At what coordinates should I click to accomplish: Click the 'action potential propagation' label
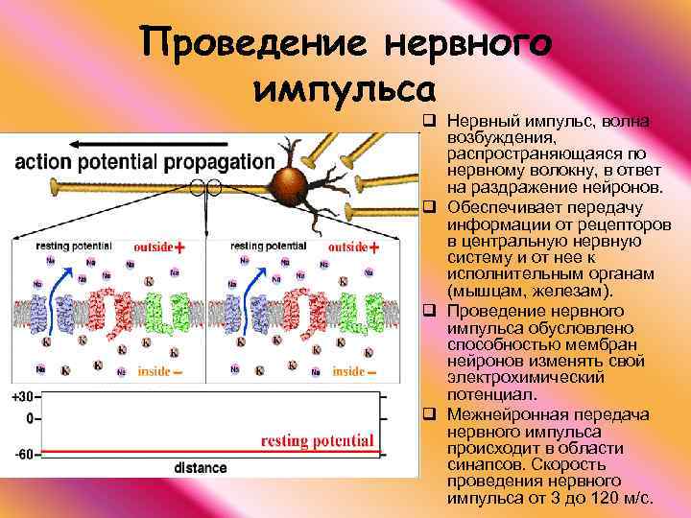(x=144, y=162)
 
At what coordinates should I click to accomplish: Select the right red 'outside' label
(x=347, y=247)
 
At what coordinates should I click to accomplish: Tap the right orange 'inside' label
(x=348, y=371)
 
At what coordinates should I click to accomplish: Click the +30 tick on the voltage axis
(x=20, y=396)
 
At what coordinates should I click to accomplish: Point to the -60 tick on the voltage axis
(x=20, y=454)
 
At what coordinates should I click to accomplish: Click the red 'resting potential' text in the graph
(x=318, y=441)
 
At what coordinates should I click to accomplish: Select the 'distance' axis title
(x=201, y=468)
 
